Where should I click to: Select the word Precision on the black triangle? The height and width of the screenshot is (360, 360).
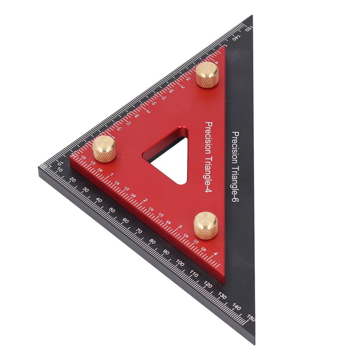click(x=234, y=148)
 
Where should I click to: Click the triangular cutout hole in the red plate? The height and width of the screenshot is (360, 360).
click(x=169, y=157)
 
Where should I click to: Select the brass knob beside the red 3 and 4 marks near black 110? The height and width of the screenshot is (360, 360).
click(x=206, y=225)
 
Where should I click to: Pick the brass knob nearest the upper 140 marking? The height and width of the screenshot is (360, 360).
click(x=207, y=74)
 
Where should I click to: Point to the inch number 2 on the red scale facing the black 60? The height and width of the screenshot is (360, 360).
click(x=145, y=200)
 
